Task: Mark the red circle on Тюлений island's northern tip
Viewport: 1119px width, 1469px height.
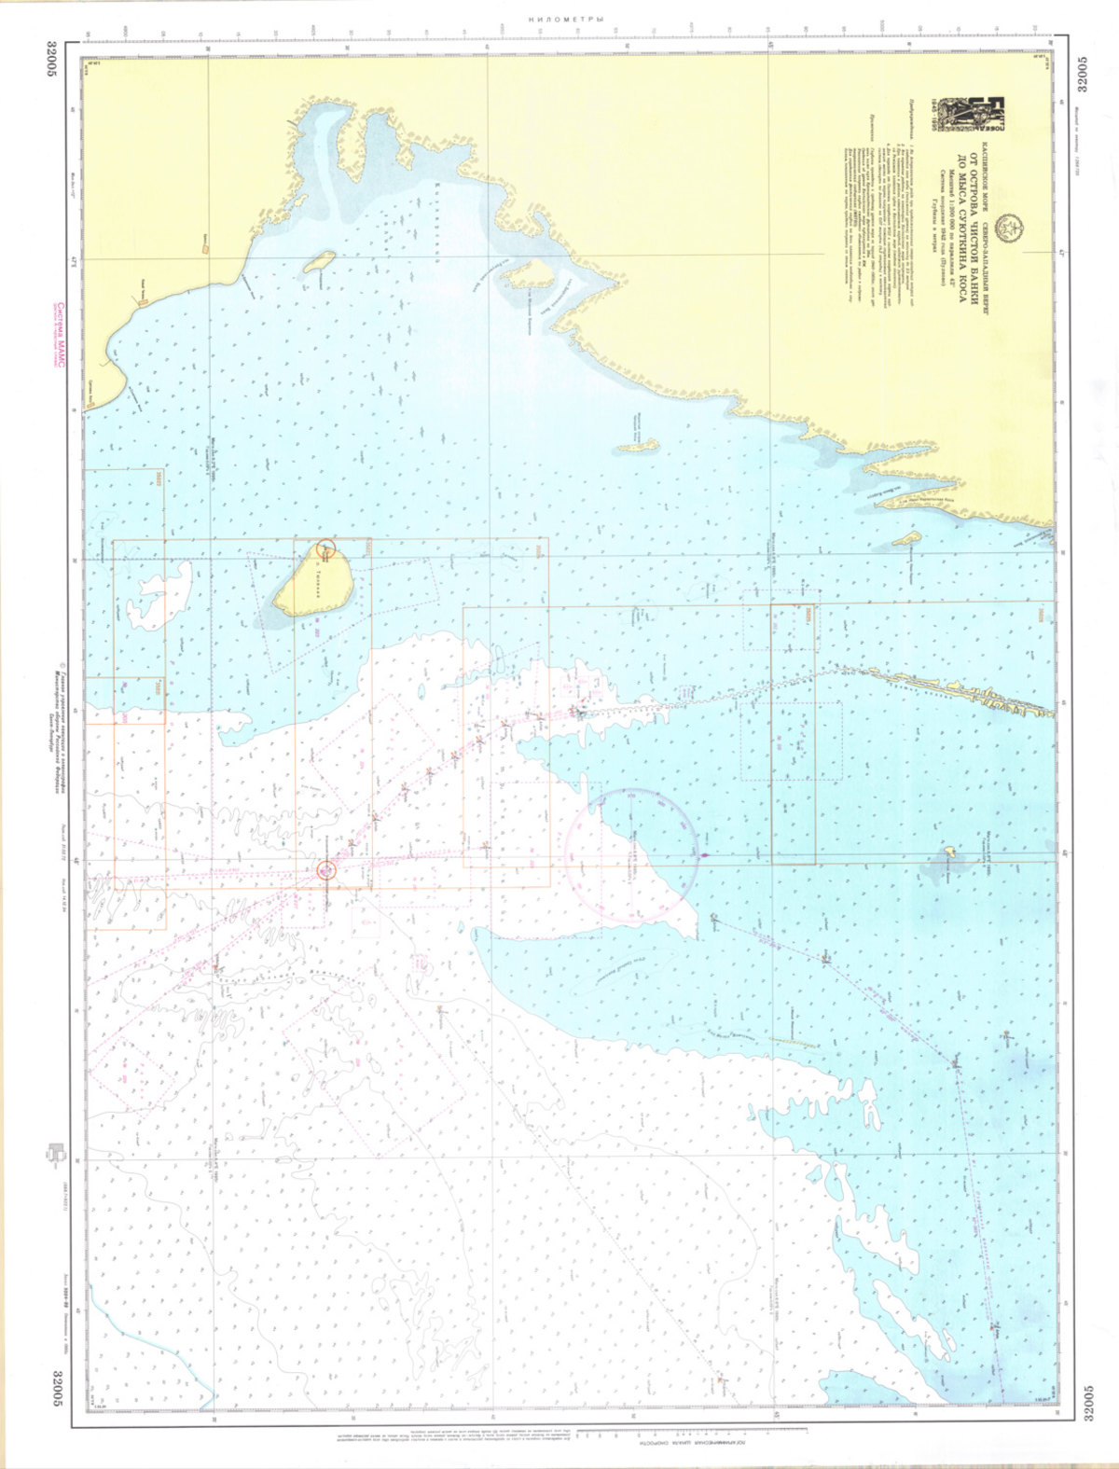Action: point(325,550)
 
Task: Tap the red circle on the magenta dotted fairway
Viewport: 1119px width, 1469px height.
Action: point(325,870)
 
